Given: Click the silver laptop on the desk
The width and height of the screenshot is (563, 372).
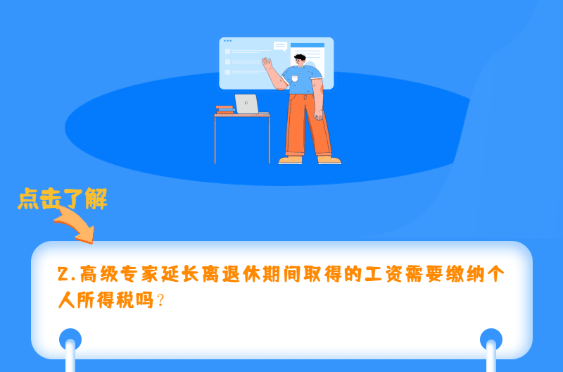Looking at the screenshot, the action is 247,104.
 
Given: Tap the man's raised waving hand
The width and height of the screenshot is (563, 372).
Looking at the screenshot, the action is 267,64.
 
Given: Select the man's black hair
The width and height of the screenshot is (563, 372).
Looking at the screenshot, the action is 300,57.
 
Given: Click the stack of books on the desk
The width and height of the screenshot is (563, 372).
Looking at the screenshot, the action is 225,110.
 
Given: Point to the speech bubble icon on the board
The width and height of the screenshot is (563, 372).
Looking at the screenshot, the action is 280,46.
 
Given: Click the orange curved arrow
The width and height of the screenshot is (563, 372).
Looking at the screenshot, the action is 76,224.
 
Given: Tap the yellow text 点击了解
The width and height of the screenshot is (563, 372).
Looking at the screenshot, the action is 63,199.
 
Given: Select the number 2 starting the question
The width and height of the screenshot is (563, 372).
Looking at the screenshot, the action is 63,275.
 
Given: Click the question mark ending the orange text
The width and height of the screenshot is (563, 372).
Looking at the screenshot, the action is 161,299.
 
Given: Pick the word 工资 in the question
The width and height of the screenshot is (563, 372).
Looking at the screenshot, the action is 384,275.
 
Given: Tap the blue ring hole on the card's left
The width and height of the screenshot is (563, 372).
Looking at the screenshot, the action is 70,339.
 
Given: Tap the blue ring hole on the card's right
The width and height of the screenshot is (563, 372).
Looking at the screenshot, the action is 491,339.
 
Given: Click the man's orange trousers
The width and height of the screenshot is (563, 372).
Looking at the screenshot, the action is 308,125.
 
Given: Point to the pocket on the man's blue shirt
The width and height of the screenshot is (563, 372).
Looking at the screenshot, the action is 295,78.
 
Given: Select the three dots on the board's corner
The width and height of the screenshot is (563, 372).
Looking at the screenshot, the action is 227,41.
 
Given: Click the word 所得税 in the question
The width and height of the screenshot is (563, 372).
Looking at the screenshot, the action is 106,299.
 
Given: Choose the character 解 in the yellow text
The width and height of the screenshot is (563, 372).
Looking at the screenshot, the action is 96,199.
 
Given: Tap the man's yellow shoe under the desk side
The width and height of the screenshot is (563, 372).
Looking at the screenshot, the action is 290,160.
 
